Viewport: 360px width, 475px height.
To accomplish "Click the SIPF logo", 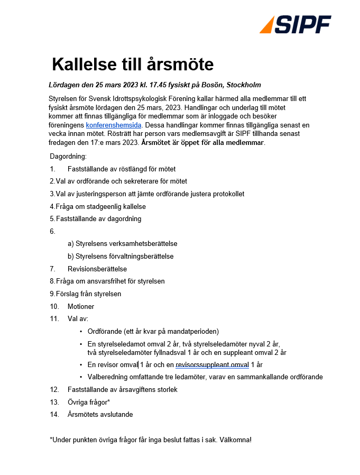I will point(296,24).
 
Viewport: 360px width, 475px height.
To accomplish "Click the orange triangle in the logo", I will point(267,25).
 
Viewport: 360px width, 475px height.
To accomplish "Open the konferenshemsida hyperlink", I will point(114,125).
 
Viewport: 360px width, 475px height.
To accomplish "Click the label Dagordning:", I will point(68,157).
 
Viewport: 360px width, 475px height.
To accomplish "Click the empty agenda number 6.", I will point(52,231).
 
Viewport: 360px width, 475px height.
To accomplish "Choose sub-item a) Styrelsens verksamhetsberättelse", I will point(122,244).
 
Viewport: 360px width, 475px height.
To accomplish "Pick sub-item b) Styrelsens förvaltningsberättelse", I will point(121,256).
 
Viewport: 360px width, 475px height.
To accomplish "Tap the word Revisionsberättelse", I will point(97,269).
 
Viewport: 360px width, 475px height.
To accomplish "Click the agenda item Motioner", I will point(81,306).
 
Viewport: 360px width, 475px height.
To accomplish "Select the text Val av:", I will point(78,319).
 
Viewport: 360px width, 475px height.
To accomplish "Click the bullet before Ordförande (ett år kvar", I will point(81,332).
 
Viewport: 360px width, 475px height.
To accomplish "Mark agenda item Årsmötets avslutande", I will point(100,414).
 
